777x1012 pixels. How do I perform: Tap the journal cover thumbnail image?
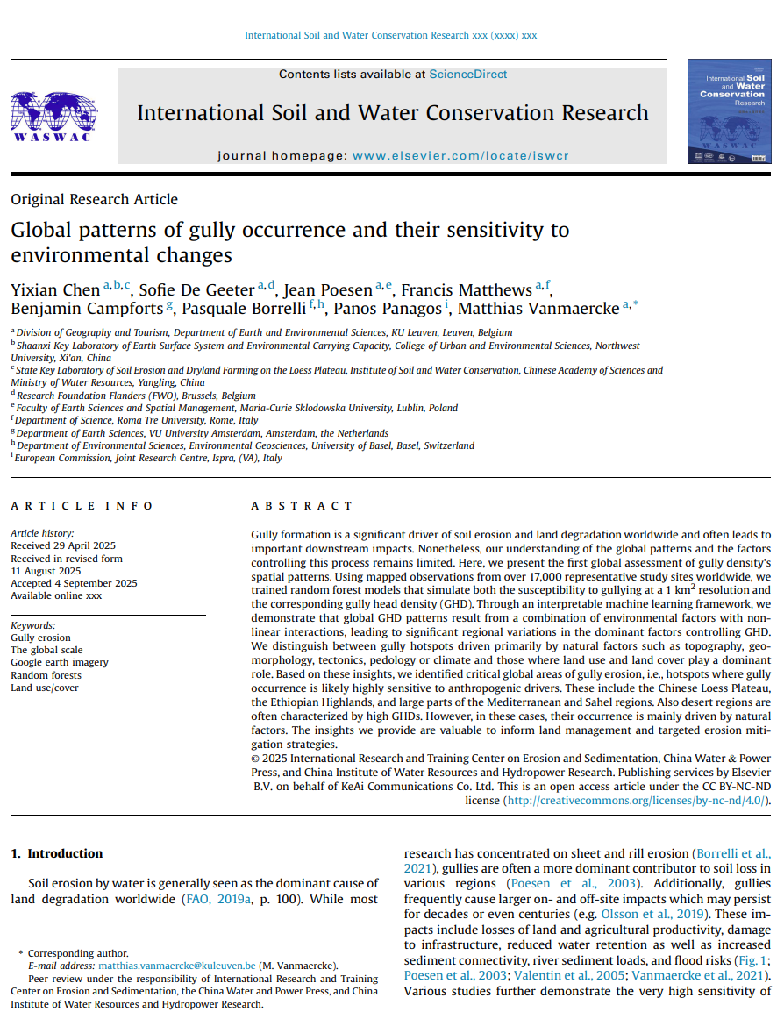coord(729,110)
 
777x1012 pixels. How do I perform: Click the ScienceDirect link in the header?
coord(467,75)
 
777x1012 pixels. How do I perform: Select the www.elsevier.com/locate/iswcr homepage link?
coord(460,155)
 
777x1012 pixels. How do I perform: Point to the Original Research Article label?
coord(94,199)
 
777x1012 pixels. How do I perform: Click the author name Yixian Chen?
coord(55,290)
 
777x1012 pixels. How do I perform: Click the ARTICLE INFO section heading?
coord(82,506)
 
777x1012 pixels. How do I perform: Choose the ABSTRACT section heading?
coord(302,506)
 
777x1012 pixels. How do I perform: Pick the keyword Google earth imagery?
coord(59,663)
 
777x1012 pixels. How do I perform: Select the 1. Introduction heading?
coord(56,853)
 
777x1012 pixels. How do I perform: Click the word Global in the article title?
coord(40,231)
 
